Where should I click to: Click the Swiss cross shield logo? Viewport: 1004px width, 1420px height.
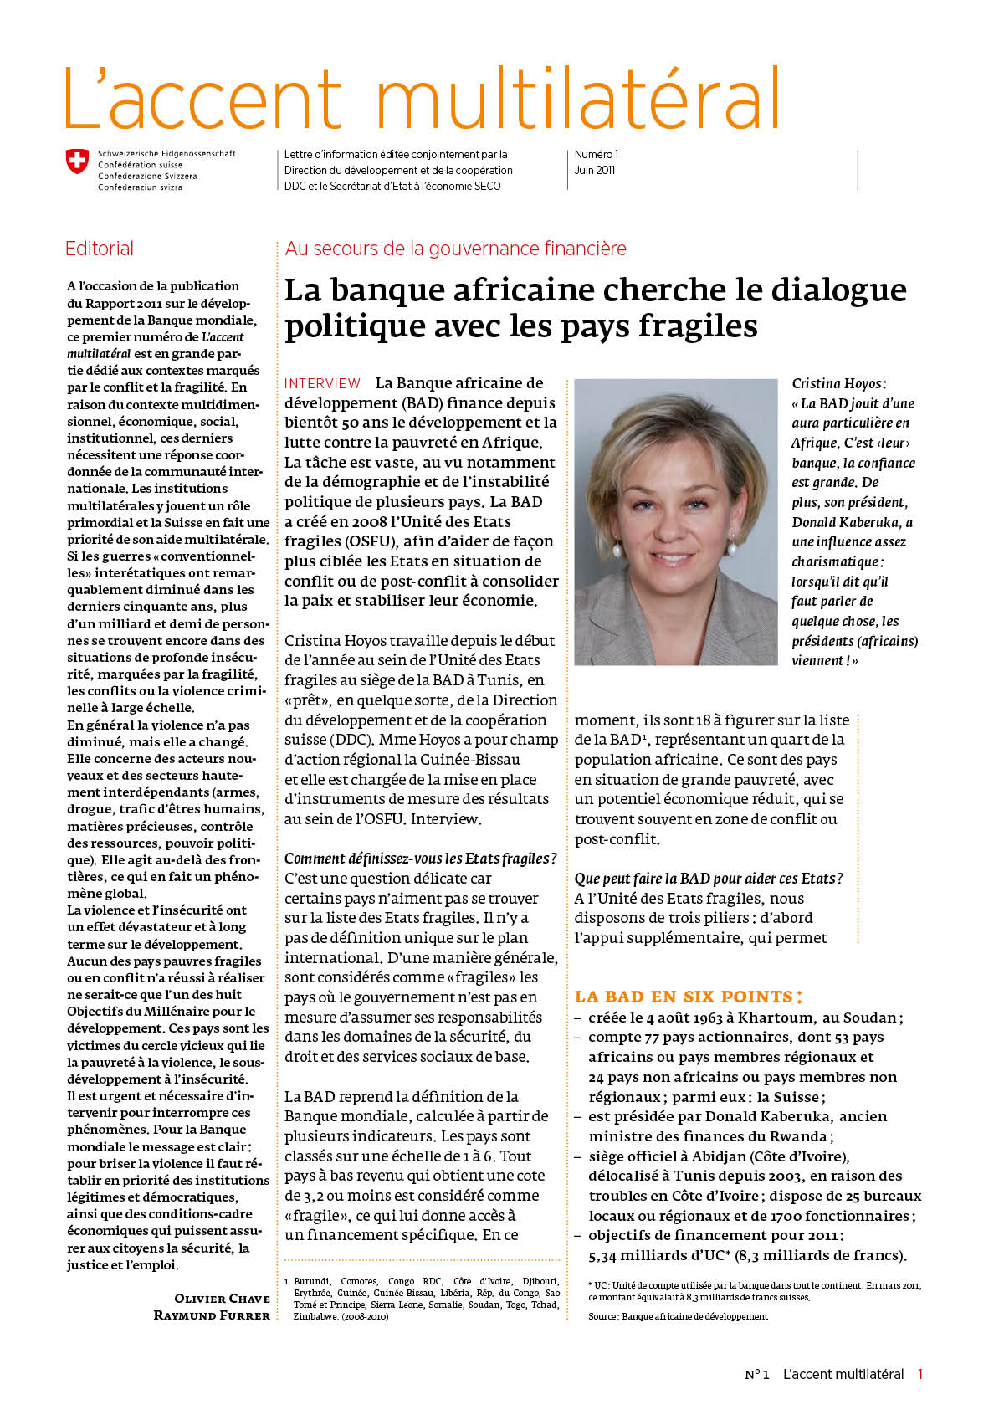[x=77, y=161]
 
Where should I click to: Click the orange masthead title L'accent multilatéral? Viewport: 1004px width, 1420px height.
[x=423, y=99]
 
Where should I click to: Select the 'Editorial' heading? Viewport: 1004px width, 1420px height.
[x=100, y=249]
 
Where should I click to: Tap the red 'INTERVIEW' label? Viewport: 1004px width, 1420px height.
[x=322, y=383]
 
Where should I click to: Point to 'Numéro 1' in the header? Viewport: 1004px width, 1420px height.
[x=596, y=154]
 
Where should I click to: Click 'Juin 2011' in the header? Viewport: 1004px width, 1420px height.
[x=594, y=170]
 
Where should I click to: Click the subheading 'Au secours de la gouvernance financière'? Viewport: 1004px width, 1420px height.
[x=455, y=249]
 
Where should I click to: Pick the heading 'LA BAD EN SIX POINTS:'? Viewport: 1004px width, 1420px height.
[x=688, y=997]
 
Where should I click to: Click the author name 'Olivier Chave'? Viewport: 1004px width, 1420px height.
[x=222, y=1298]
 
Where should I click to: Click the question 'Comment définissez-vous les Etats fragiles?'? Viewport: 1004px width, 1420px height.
[x=420, y=859]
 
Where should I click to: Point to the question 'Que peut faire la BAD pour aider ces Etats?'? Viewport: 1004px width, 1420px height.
[x=708, y=879]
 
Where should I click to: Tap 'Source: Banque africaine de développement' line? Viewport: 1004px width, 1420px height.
[x=678, y=1316]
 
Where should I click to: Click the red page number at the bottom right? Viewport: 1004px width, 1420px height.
[x=920, y=1374]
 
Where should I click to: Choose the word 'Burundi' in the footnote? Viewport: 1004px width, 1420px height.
[x=311, y=1281]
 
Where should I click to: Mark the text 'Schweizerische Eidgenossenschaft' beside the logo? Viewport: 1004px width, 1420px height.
[x=166, y=154]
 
